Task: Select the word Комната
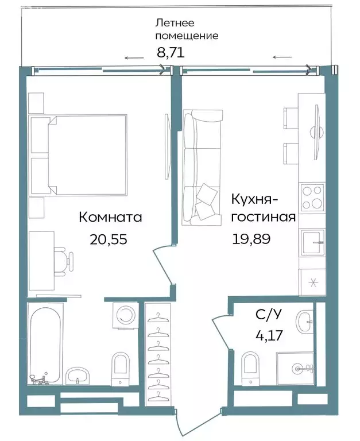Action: coord(110,218)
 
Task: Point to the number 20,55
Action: coord(108,239)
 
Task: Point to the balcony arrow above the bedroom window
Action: coord(134,58)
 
